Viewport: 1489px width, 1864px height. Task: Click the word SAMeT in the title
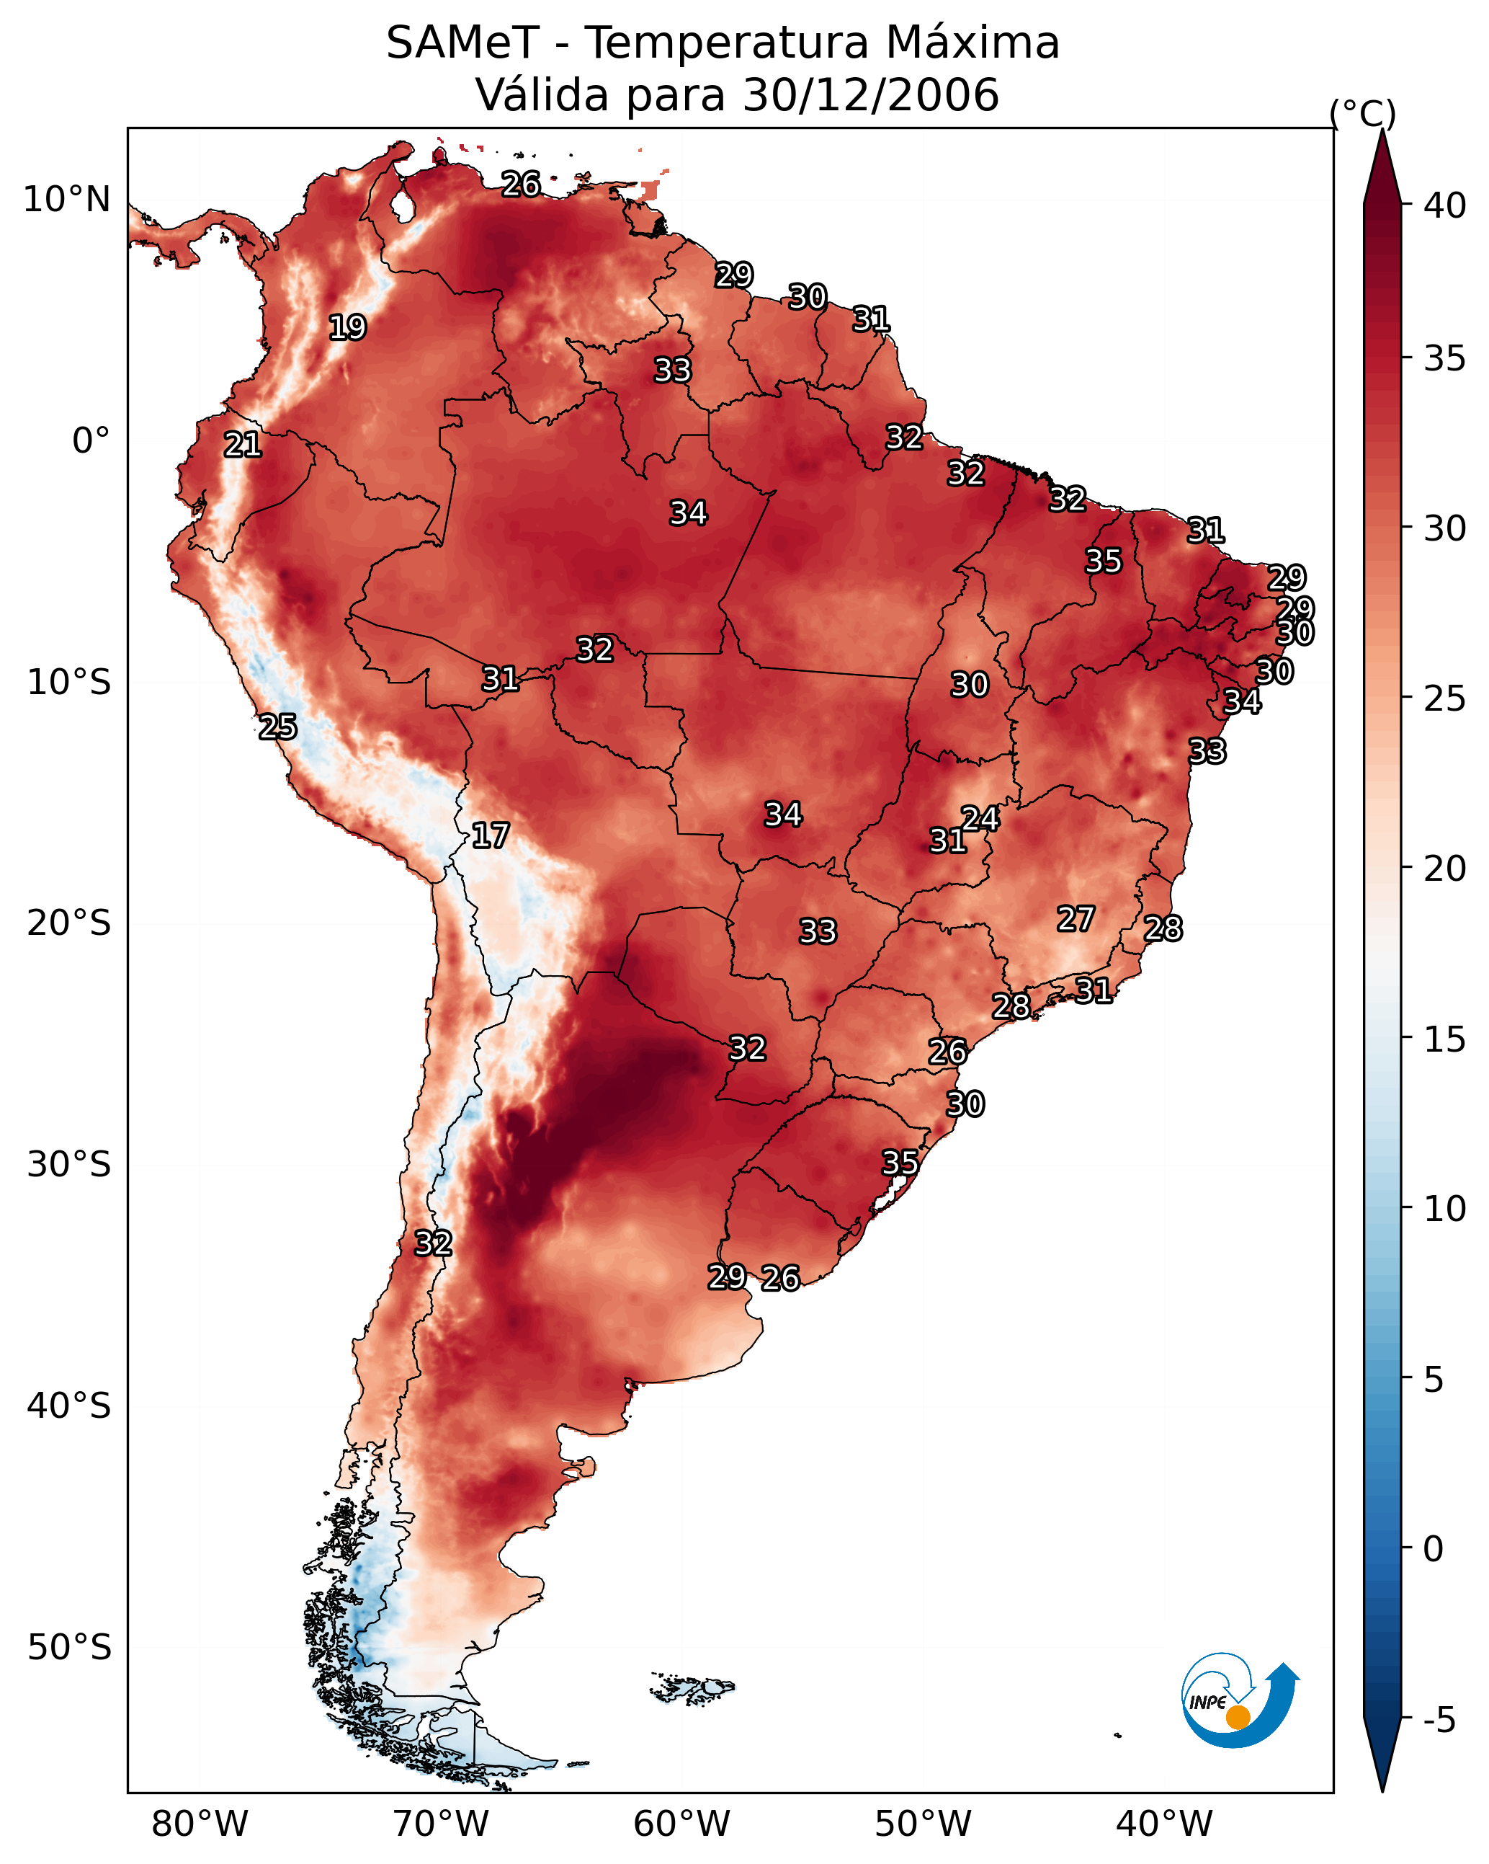click(x=462, y=43)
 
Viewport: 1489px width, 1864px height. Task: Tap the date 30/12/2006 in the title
click(x=869, y=95)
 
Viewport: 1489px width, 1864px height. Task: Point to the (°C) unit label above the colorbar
click(x=1363, y=113)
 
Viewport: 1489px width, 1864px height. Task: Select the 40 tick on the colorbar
click(x=1444, y=205)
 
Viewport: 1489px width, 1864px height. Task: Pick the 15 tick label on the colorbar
click(x=1444, y=1039)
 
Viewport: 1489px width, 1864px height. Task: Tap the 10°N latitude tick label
click(x=66, y=200)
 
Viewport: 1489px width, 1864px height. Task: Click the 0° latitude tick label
click(x=91, y=441)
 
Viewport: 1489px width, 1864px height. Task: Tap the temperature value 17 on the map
click(x=490, y=835)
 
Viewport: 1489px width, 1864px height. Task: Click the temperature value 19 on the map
click(x=347, y=328)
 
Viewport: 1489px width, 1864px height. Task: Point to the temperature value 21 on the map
click(x=243, y=445)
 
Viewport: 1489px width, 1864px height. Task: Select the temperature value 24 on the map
click(x=980, y=818)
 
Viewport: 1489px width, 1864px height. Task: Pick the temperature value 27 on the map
click(x=1076, y=918)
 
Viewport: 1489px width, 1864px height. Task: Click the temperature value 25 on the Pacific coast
click(x=277, y=727)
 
